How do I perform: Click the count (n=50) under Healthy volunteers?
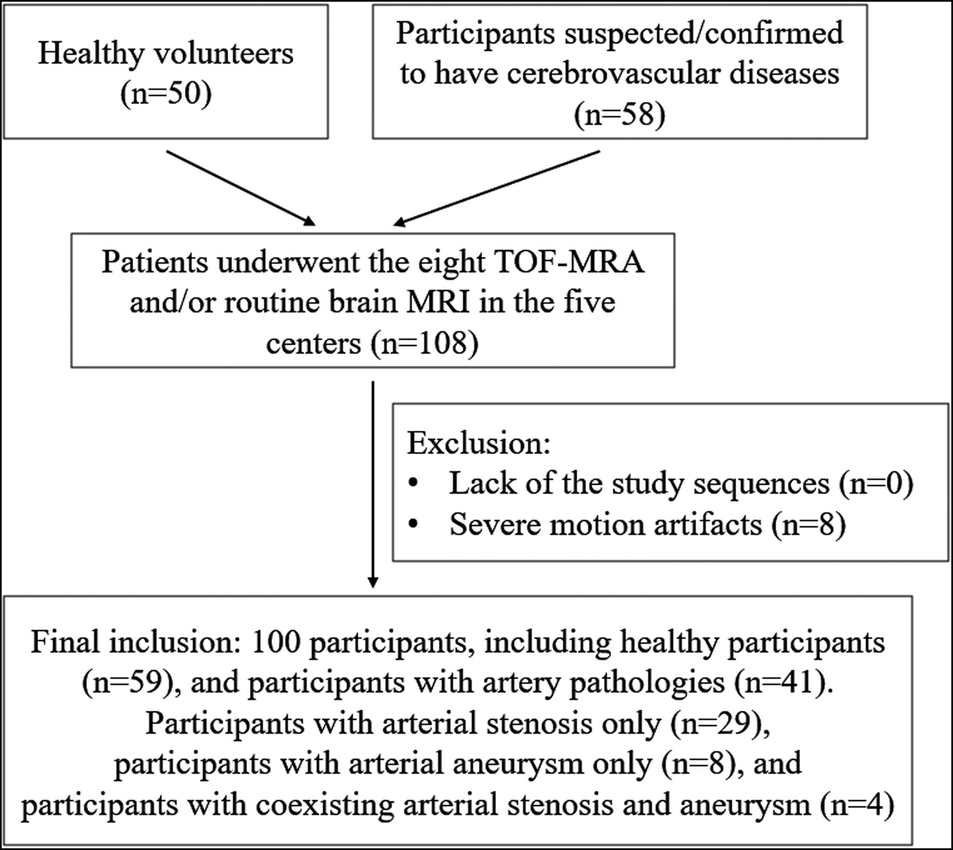[x=166, y=94]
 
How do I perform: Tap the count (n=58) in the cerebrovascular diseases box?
[x=619, y=114]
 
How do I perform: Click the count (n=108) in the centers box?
[x=425, y=343]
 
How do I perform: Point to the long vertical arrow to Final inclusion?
[x=373, y=482]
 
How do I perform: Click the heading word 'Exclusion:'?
[x=479, y=443]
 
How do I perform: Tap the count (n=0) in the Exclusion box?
[x=876, y=484]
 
